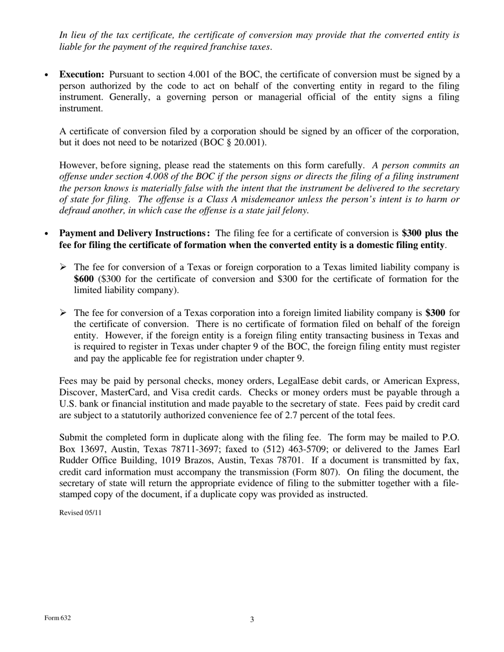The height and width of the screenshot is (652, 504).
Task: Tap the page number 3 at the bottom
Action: (x=252, y=619)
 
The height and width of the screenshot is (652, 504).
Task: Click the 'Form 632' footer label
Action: (x=57, y=618)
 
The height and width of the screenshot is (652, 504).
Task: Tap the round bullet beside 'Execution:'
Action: (x=47, y=75)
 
